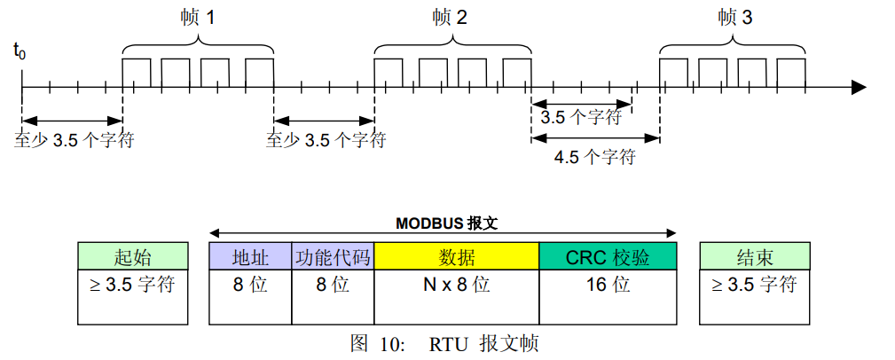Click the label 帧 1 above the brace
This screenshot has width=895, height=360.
click(x=197, y=18)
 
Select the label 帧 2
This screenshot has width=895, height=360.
click(x=451, y=18)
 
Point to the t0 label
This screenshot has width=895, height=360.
click(x=20, y=51)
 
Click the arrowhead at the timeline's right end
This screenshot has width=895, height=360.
click(x=858, y=87)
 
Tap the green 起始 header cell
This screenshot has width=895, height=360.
click(x=133, y=257)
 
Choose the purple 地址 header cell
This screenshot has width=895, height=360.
click(x=250, y=257)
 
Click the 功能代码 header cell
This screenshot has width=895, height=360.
click(x=333, y=257)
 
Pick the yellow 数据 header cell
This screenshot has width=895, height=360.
click(x=457, y=257)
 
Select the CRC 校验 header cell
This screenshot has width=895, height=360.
click(x=608, y=257)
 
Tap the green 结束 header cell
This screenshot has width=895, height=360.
click(x=756, y=257)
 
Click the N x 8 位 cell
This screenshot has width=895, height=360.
click(x=457, y=286)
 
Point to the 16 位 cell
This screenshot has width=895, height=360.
click(x=608, y=286)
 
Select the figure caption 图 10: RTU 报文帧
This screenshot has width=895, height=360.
click(x=444, y=344)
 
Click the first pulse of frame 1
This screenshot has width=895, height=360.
click(x=136, y=73)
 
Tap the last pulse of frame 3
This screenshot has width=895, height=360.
click(x=791, y=73)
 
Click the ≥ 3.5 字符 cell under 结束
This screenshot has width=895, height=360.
click(x=756, y=286)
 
